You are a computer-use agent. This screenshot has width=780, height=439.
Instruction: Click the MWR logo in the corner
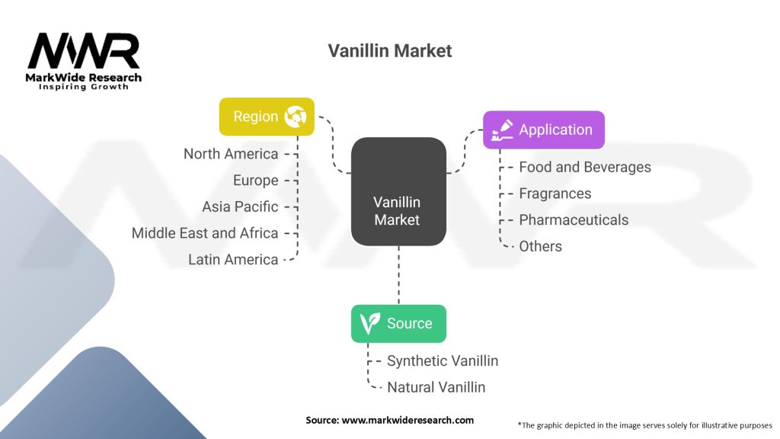click(84, 61)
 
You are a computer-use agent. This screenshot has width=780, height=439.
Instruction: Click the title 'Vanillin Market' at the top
click(389, 51)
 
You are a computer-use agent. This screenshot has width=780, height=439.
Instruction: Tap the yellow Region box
click(267, 117)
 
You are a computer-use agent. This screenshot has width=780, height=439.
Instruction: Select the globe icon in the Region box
click(296, 117)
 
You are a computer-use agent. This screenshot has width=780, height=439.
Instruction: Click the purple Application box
click(544, 130)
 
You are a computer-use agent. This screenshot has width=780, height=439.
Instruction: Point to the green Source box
click(398, 323)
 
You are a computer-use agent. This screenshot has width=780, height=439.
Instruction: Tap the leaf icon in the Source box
click(369, 323)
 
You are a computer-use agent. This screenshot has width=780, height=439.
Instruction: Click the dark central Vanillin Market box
click(398, 191)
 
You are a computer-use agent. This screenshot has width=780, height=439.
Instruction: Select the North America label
click(231, 154)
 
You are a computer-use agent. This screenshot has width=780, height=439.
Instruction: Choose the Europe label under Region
click(256, 180)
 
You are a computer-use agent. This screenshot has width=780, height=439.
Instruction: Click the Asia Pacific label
click(240, 207)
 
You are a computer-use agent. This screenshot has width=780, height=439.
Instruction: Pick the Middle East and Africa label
click(205, 233)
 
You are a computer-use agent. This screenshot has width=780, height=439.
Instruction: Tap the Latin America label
click(233, 259)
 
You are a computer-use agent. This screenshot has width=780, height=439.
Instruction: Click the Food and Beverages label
click(585, 167)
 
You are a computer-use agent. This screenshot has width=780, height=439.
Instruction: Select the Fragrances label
click(555, 194)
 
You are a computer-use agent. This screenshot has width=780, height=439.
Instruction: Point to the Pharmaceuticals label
click(574, 220)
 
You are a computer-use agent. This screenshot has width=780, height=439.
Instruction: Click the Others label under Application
click(540, 246)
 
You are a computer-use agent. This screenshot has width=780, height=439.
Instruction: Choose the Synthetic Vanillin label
click(443, 360)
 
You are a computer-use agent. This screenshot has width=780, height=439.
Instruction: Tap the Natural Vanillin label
click(436, 387)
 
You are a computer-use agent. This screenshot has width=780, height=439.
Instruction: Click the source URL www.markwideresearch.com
click(408, 420)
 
